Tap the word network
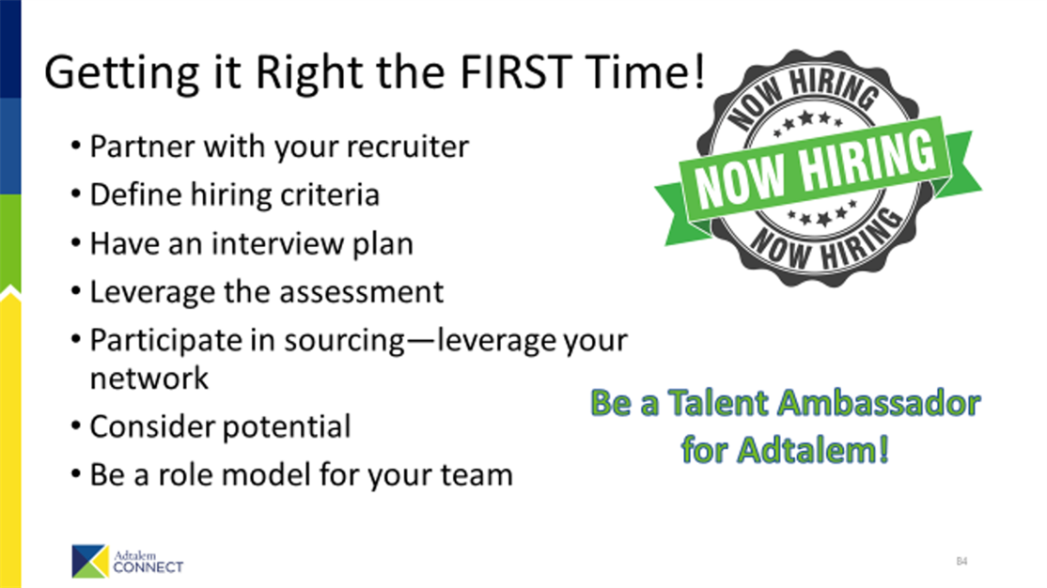pyautogui.click(x=148, y=379)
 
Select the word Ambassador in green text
pyautogui.click(x=879, y=403)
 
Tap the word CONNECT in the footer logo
pyautogui.click(x=148, y=567)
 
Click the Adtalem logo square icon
pyautogui.click(x=90, y=562)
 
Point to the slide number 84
pyautogui.click(x=961, y=562)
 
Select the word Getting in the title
pyautogui.click(x=121, y=73)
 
